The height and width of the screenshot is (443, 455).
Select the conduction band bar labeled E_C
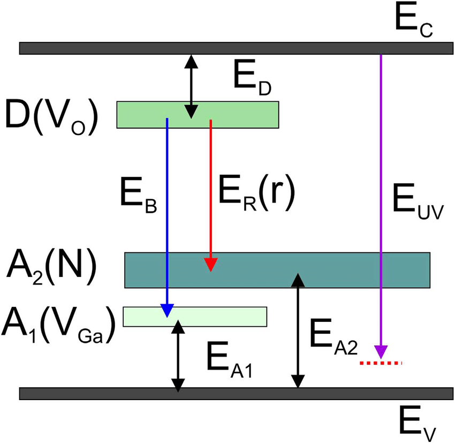click(234, 48)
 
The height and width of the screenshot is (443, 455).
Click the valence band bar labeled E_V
click(234, 393)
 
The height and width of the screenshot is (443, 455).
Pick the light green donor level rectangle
click(198, 114)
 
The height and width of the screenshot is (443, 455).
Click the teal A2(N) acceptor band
click(277, 269)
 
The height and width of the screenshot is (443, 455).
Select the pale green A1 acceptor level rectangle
click(195, 316)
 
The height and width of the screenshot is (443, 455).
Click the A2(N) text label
click(51, 266)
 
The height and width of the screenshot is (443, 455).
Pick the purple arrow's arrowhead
click(381, 352)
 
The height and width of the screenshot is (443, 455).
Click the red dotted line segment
click(381, 363)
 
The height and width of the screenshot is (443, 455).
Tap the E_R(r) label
click(257, 194)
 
